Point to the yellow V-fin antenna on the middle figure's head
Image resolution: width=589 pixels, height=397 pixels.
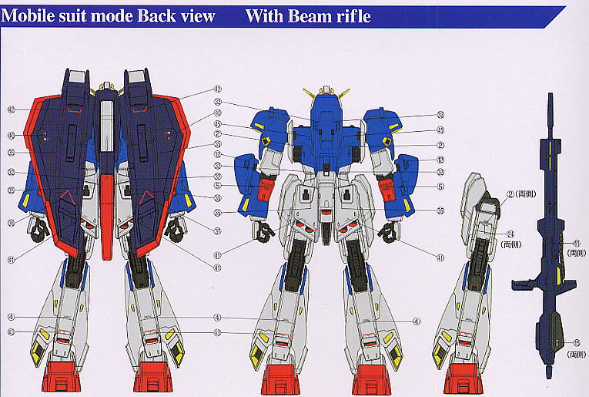(x=326, y=94)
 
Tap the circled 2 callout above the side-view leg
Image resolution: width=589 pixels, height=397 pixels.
(x=510, y=193)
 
